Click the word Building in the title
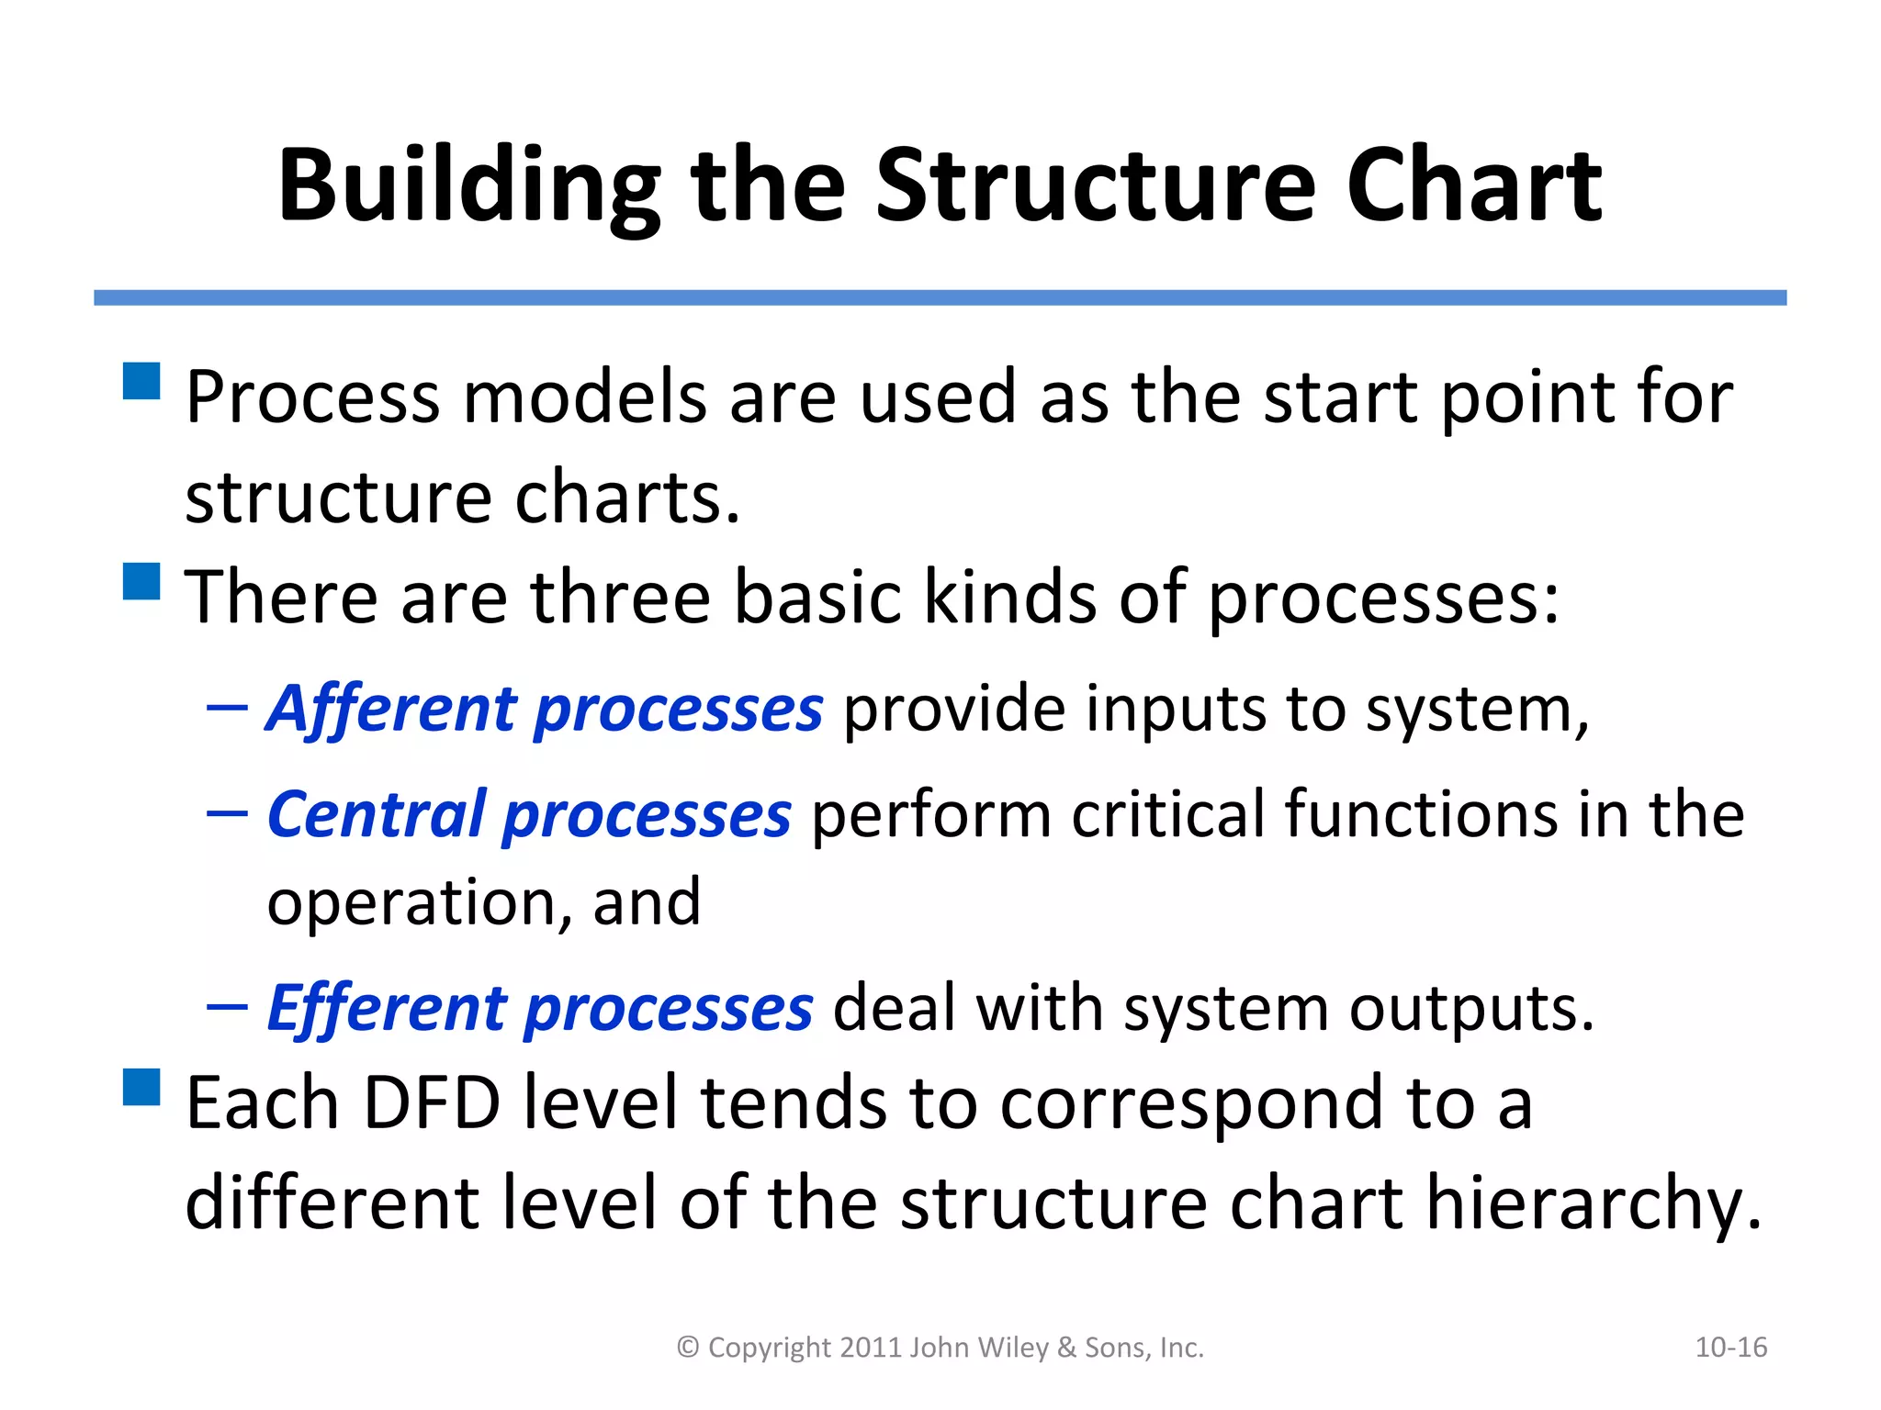(468, 186)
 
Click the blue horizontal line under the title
(940, 297)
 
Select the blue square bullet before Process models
(141, 381)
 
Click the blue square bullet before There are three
(141, 581)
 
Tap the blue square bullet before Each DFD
(141, 1087)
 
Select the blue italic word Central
(377, 815)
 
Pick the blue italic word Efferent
(387, 1009)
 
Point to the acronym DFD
(433, 1103)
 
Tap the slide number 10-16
(1730, 1348)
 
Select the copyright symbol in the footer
(688, 1348)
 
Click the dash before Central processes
(227, 813)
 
